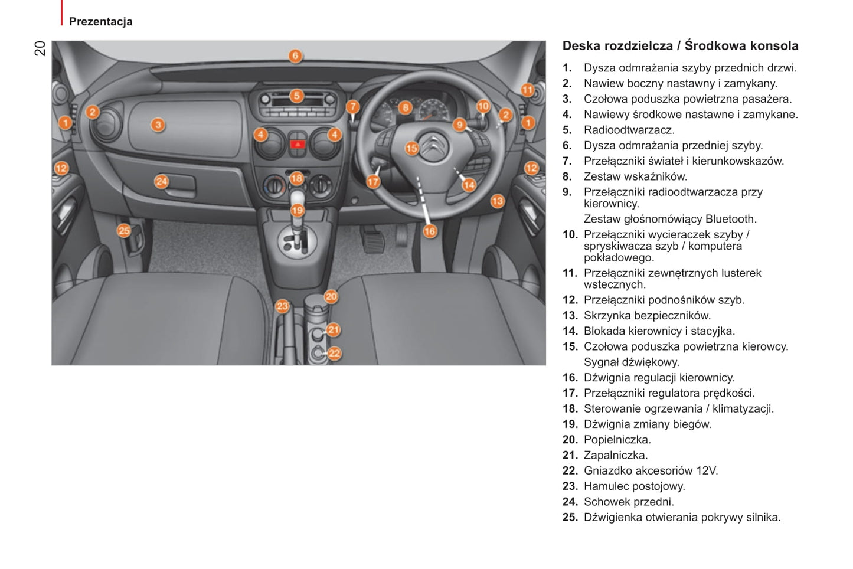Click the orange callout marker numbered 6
coord(295,56)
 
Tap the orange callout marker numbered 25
coord(124,230)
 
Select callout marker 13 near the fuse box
coord(497,201)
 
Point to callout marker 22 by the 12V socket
coord(334,354)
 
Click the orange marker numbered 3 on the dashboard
coord(158,125)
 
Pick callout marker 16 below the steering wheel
coord(430,231)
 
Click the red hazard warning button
coord(298,145)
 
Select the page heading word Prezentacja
coord(101,22)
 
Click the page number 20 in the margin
coord(40,48)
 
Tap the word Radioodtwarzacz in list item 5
coord(629,130)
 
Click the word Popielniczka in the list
coord(617,440)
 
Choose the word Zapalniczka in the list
coord(616,455)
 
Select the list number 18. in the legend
coord(570,408)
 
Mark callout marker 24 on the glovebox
coord(161,181)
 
